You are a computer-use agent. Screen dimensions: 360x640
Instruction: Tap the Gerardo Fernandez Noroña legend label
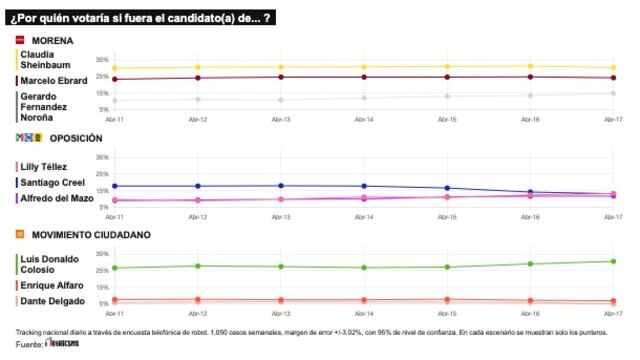click(46, 106)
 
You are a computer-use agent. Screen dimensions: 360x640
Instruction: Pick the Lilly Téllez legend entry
click(45, 166)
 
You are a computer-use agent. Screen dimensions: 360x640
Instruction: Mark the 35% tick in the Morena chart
click(101, 60)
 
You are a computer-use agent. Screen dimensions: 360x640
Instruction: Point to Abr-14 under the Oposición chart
click(364, 217)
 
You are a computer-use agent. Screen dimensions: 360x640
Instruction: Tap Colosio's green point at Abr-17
click(613, 261)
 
